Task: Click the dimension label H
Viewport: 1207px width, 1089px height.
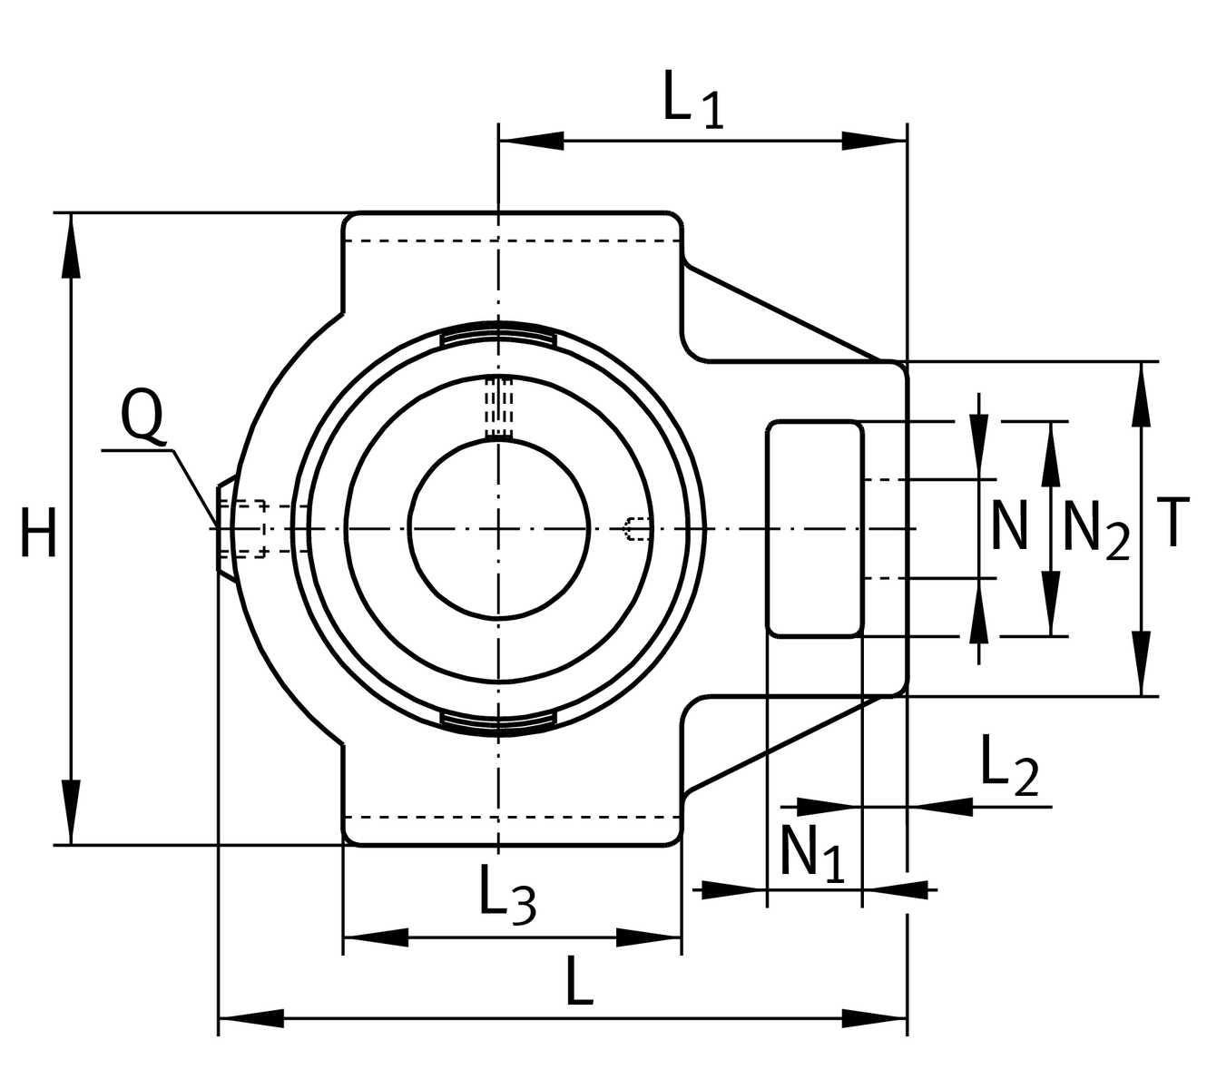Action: pos(39,532)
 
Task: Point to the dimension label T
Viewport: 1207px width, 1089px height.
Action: pos(1173,523)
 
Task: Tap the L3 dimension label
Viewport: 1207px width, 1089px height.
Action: pos(506,895)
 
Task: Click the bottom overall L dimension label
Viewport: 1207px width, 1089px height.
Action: pos(579,980)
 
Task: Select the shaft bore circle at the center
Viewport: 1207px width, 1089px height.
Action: pos(499,528)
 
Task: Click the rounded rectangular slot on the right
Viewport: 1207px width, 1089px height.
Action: pos(815,528)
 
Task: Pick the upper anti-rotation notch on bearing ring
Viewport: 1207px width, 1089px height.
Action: pos(498,337)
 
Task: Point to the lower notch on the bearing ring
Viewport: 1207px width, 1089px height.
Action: pos(498,721)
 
